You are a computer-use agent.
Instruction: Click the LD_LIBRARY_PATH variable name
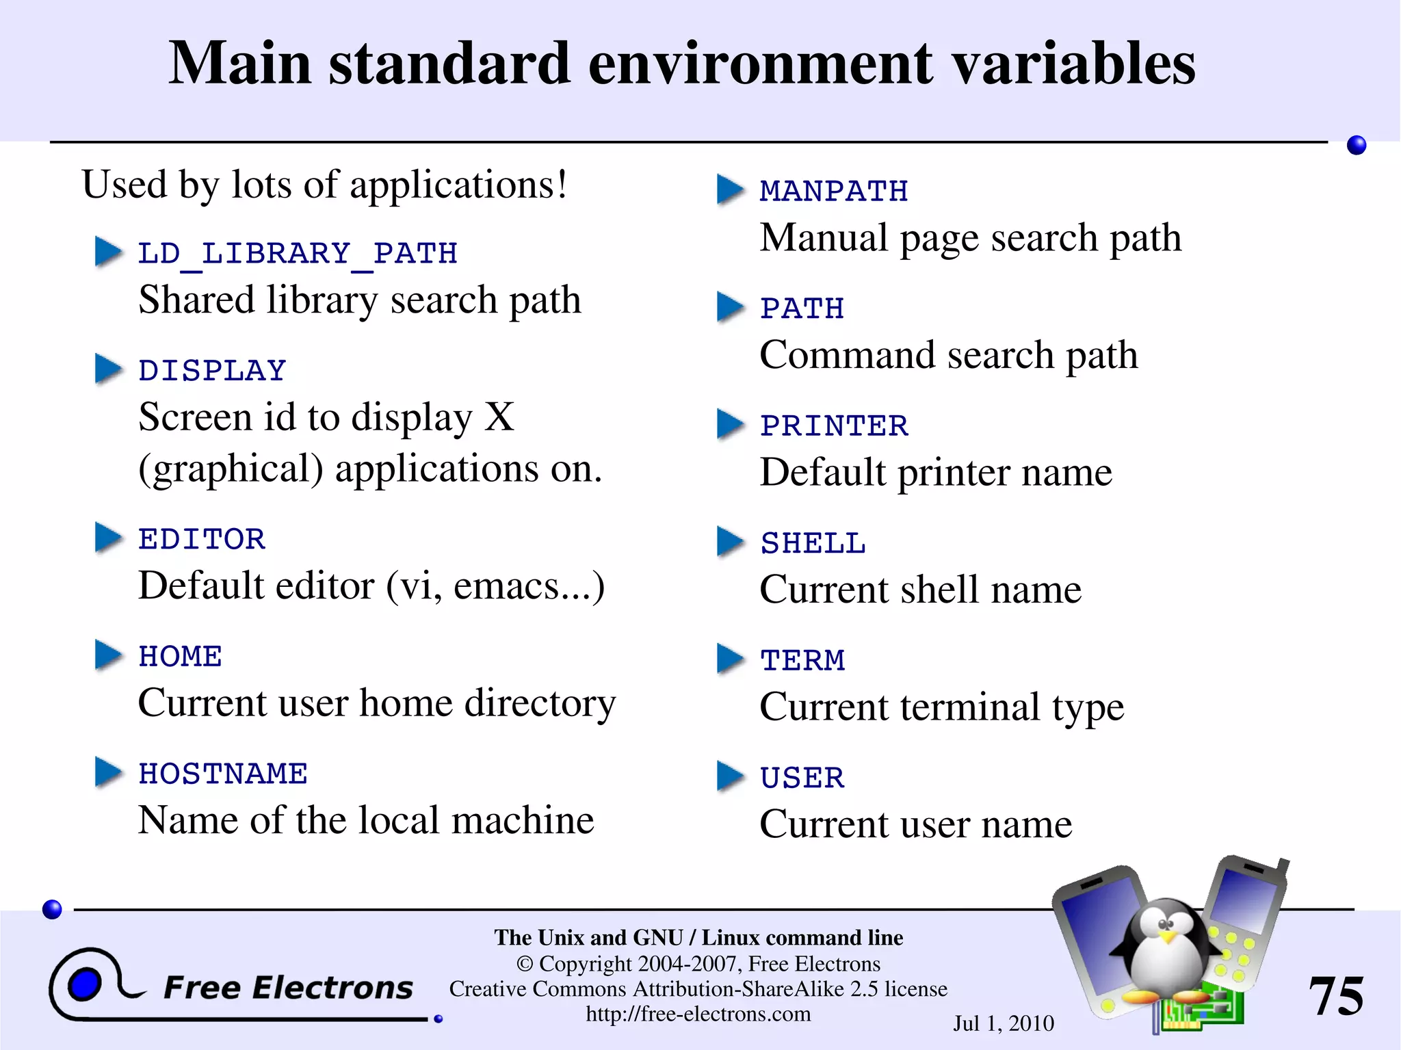[298, 254]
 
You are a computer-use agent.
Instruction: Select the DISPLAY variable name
[212, 371]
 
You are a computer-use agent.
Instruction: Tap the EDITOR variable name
[202, 539]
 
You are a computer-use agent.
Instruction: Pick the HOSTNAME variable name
[223, 774]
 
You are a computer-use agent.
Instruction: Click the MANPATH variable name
[834, 191]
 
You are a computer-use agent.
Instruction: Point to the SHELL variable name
[813, 543]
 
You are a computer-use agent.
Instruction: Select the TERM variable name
[802, 660]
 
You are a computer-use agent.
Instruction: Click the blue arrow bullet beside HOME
[109, 655]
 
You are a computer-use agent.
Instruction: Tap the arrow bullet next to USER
[730, 776]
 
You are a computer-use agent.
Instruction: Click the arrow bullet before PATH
[730, 306]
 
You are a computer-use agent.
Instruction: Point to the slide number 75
[1335, 996]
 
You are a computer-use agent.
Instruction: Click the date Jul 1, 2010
[1003, 1023]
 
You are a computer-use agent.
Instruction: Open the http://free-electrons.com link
[698, 1014]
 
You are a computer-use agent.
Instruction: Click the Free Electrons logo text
[288, 988]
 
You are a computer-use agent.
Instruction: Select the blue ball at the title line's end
[1356, 145]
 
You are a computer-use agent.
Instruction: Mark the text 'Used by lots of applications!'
[324, 185]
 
